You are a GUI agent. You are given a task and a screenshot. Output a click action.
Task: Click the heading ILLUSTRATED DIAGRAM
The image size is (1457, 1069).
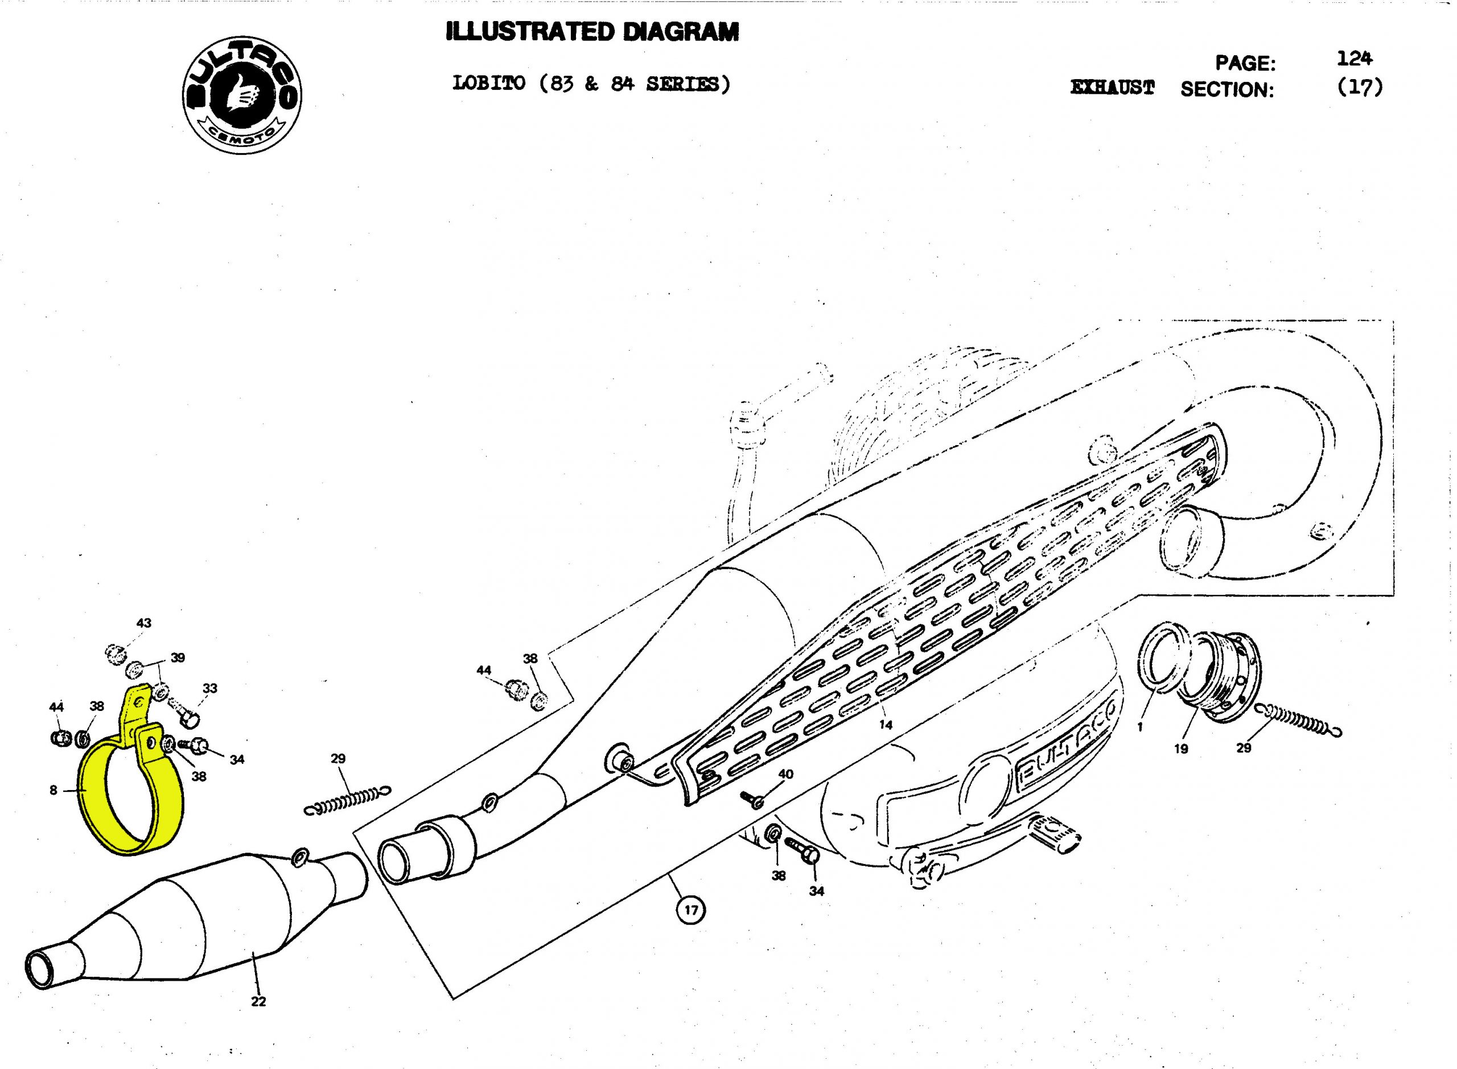click(x=592, y=32)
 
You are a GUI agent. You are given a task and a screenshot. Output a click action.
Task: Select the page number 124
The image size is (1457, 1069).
click(x=1354, y=59)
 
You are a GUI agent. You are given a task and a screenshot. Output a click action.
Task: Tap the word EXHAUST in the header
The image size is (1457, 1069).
click(x=1112, y=88)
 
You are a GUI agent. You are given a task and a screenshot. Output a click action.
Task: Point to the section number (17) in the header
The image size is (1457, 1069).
click(x=1359, y=87)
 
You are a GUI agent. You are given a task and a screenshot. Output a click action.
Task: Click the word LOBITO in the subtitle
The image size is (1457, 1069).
click(x=488, y=84)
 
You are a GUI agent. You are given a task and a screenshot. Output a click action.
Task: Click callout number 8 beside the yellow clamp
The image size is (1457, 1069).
click(x=53, y=790)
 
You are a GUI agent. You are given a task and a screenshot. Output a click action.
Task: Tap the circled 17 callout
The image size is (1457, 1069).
click(x=691, y=910)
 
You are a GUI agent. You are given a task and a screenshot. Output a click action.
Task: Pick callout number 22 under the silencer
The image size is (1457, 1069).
click(x=258, y=1001)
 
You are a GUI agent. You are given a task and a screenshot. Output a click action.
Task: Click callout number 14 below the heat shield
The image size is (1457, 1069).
click(x=885, y=725)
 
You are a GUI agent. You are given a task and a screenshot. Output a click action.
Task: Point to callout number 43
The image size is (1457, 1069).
click(x=143, y=623)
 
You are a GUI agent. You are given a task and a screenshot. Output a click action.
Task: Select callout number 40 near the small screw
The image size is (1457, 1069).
click(x=785, y=774)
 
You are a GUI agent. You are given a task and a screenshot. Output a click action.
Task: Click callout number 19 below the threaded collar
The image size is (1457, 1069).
click(x=1181, y=749)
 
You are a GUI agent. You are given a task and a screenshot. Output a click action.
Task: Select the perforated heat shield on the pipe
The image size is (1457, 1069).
click(x=938, y=615)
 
